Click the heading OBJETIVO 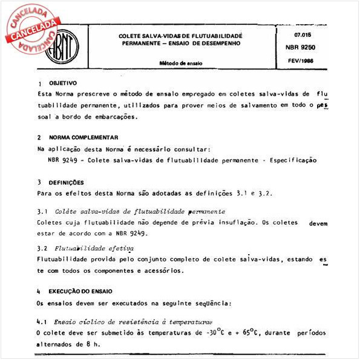pyautogui.click(x=63, y=82)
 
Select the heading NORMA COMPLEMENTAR pyautogui.click(x=83, y=137)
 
